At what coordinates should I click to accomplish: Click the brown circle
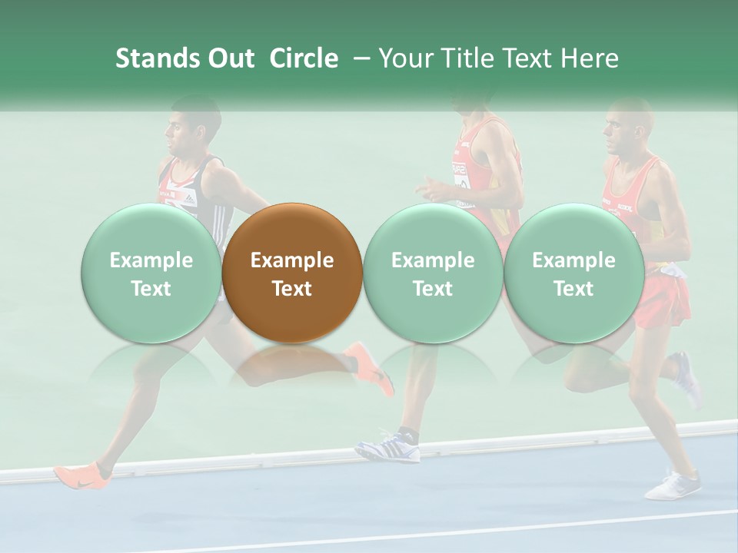[x=291, y=273]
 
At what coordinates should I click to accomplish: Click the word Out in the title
[x=231, y=58]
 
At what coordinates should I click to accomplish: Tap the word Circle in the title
[x=304, y=58]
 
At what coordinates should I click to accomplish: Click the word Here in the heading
[x=587, y=58]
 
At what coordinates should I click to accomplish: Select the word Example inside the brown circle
[x=292, y=260]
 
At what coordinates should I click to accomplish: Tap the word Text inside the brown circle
[x=292, y=289]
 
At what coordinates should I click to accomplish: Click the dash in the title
[x=357, y=58]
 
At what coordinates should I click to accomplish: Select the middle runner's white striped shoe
[x=389, y=447]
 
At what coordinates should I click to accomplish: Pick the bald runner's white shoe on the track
[x=673, y=485]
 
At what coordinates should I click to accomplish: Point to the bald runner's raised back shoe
[x=687, y=376]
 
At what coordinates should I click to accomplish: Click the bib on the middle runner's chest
[x=460, y=176]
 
